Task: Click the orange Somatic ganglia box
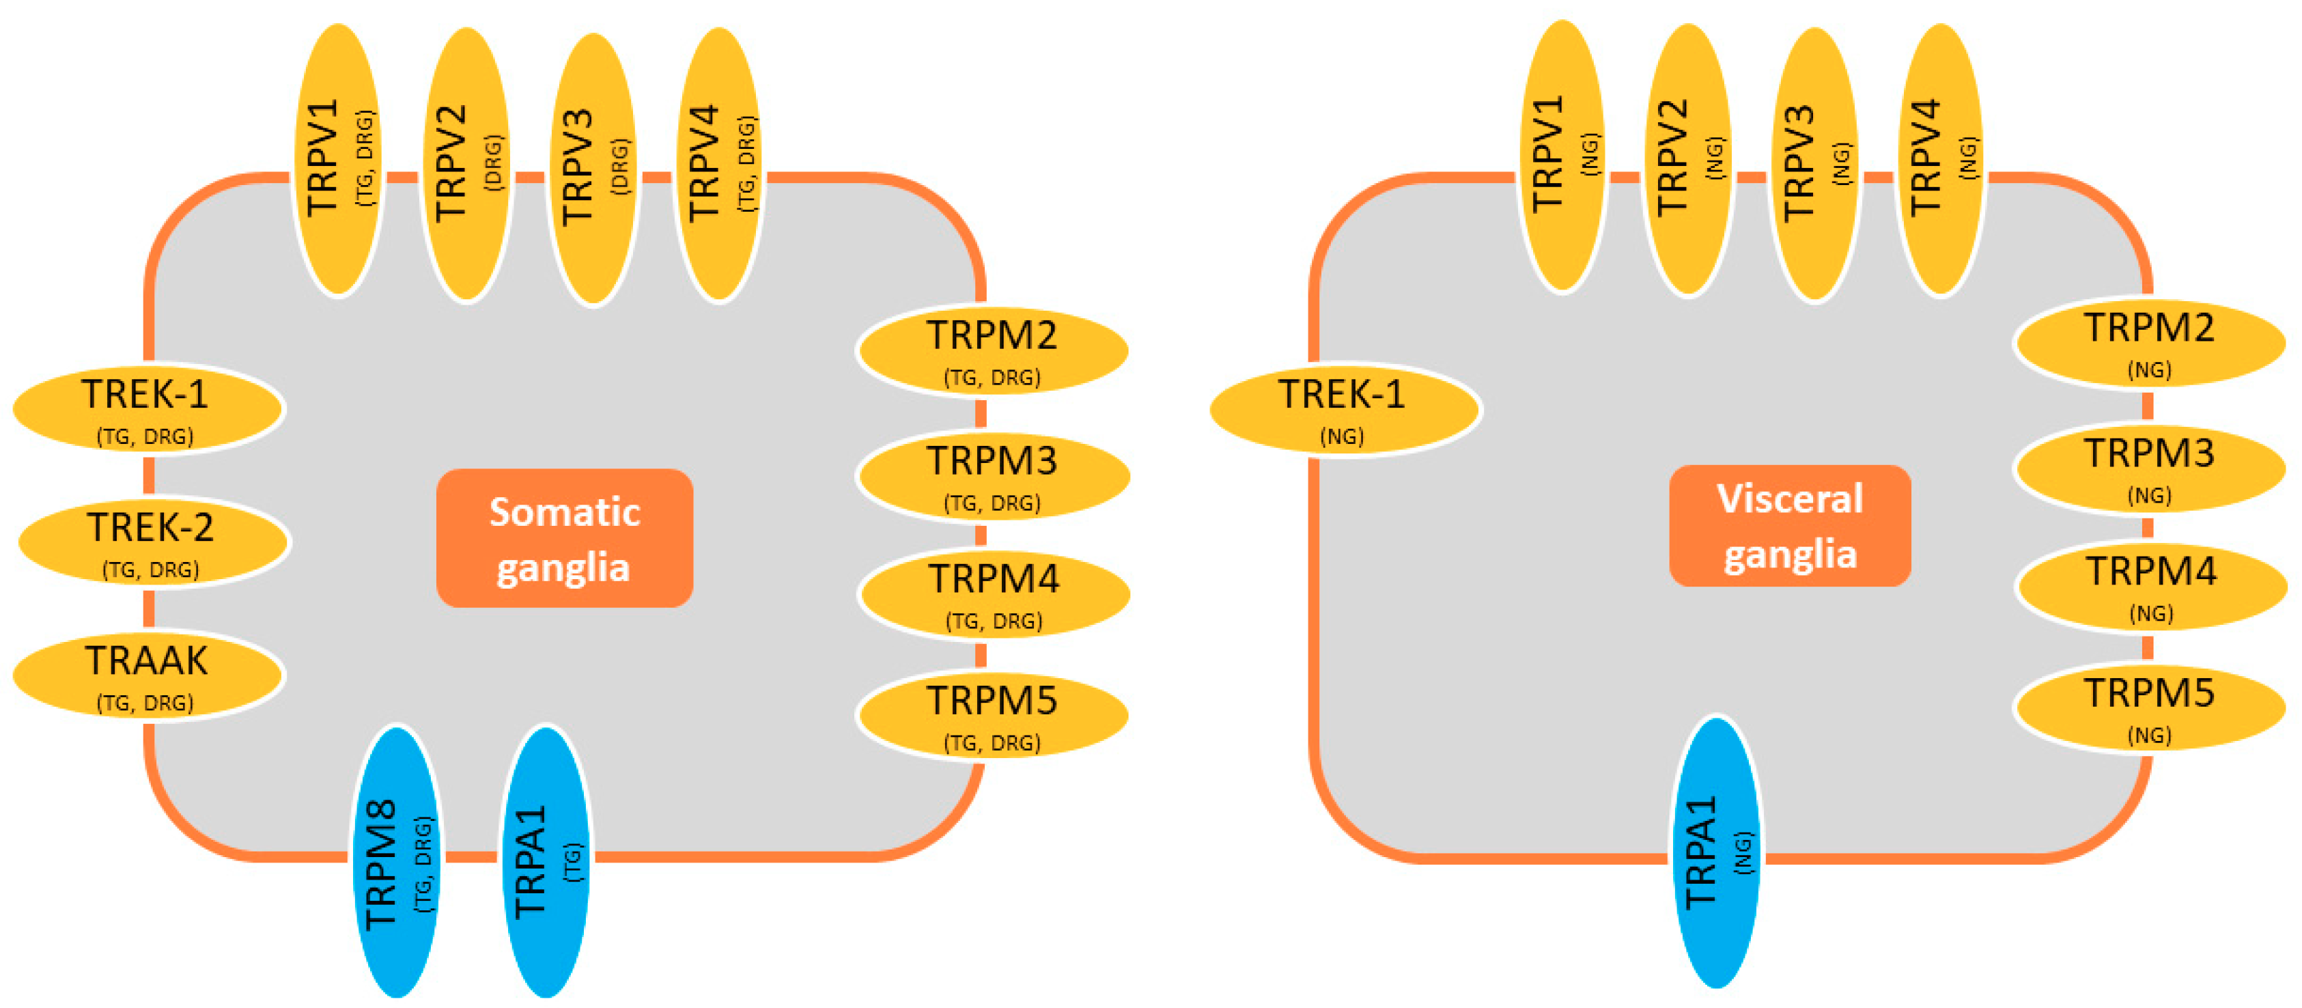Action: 564,538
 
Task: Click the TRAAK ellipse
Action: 148,675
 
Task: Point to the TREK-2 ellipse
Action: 154,542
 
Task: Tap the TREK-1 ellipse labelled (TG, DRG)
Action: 148,409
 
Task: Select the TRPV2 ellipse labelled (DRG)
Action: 466,163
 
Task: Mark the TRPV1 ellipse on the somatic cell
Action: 339,159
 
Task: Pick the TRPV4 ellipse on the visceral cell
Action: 1940,159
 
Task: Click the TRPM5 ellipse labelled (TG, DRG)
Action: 992,715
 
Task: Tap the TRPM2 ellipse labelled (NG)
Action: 2148,342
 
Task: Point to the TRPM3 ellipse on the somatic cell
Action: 992,475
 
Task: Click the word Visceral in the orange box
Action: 1789,499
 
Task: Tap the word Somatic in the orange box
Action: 564,512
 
